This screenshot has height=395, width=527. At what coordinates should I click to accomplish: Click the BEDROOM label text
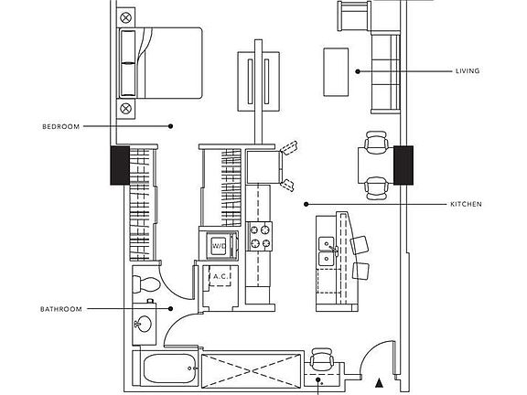(x=61, y=126)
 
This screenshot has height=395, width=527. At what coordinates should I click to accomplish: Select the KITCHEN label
(x=466, y=204)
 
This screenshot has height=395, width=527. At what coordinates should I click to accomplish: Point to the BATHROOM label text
(x=61, y=309)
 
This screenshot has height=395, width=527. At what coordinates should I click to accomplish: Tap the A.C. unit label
(x=220, y=277)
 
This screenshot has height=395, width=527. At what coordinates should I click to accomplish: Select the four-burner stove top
(x=261, y=237)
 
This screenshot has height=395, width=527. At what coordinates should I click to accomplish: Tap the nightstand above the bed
(x=126, y=16)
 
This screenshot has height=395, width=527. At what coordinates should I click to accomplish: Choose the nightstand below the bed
(x=126, y=109)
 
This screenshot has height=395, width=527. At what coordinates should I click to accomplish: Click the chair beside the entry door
(x=321, y=358)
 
